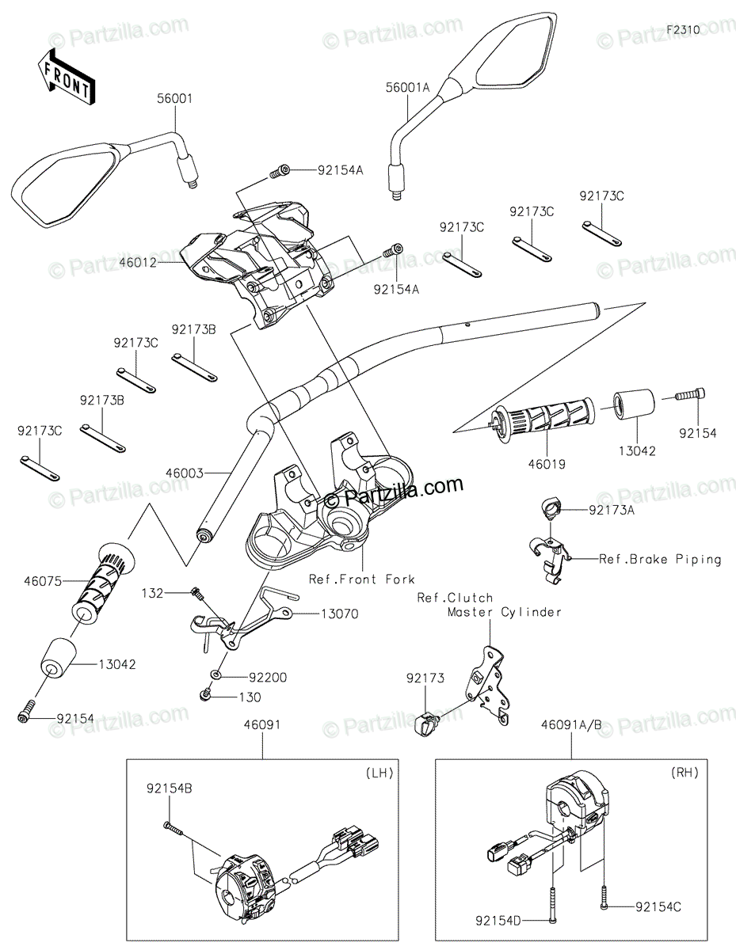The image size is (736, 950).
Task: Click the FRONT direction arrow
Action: point(66,78)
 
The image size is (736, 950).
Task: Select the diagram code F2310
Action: point(683,30)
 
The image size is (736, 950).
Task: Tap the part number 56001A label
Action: point(407,88)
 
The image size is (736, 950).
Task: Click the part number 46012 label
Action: point(138,263)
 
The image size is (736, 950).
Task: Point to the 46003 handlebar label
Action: point(185,473)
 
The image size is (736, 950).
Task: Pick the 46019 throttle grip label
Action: point(547,464)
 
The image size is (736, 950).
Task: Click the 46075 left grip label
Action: point(43,581)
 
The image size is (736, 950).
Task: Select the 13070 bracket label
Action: point(340,614)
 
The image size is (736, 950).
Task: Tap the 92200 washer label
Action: point(268,677)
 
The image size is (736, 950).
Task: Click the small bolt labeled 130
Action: point(204,694)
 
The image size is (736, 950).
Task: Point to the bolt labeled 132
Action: point(196,593)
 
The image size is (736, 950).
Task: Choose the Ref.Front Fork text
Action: point(361,579)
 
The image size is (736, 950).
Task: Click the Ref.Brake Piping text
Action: point(660,559)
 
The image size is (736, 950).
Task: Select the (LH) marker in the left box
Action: point(379,773)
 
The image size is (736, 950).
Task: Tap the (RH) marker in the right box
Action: point(685,773)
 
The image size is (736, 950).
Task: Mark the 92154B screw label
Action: point(170,788)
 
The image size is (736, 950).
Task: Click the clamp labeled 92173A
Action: point(551,509)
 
